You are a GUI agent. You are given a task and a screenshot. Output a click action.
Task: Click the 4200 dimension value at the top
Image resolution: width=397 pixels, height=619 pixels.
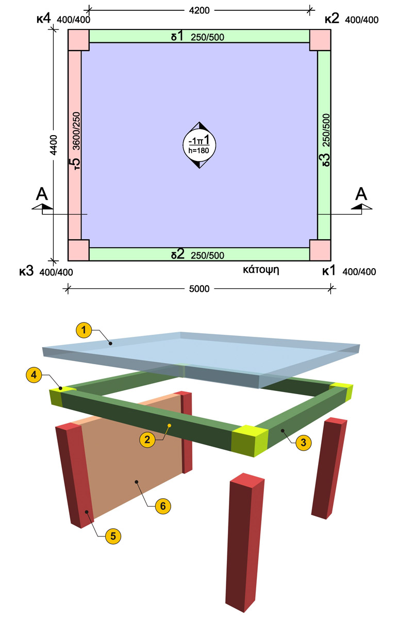(199, 10)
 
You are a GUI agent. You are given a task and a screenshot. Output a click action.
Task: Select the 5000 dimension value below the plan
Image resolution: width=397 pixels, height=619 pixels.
(199, 289)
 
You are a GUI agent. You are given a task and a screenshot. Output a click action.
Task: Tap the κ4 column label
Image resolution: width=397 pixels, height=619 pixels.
(44, 19)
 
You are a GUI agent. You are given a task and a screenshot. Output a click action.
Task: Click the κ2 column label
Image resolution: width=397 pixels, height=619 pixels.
(332, 19)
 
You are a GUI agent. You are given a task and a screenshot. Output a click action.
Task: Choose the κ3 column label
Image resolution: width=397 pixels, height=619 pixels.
(26, 271)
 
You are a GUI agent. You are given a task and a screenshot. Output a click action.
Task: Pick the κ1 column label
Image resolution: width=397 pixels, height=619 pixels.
(329, 270)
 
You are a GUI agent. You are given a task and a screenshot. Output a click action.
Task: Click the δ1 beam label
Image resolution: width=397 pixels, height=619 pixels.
(177, 36)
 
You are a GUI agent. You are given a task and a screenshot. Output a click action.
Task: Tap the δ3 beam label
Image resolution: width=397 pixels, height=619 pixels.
(326, 160)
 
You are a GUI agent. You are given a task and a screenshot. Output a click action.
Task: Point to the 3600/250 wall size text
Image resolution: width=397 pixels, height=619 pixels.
(76, 131)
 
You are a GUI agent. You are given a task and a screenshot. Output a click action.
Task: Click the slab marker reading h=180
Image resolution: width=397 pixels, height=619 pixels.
(199, 150)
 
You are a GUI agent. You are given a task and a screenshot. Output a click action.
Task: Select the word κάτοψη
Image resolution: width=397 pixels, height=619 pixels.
(261, 270)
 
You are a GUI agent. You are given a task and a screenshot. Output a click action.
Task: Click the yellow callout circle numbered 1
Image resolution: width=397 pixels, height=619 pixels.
(84, 330)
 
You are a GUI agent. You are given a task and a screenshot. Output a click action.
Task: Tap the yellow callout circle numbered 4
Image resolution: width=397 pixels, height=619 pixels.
(34, 375)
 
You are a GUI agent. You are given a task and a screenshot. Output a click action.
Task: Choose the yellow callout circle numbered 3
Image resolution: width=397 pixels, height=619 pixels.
(304, 443)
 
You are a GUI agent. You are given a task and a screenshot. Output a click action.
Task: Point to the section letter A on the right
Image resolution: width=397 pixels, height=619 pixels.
(361, 194)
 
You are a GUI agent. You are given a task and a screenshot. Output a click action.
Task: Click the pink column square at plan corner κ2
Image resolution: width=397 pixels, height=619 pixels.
(320, 40)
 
